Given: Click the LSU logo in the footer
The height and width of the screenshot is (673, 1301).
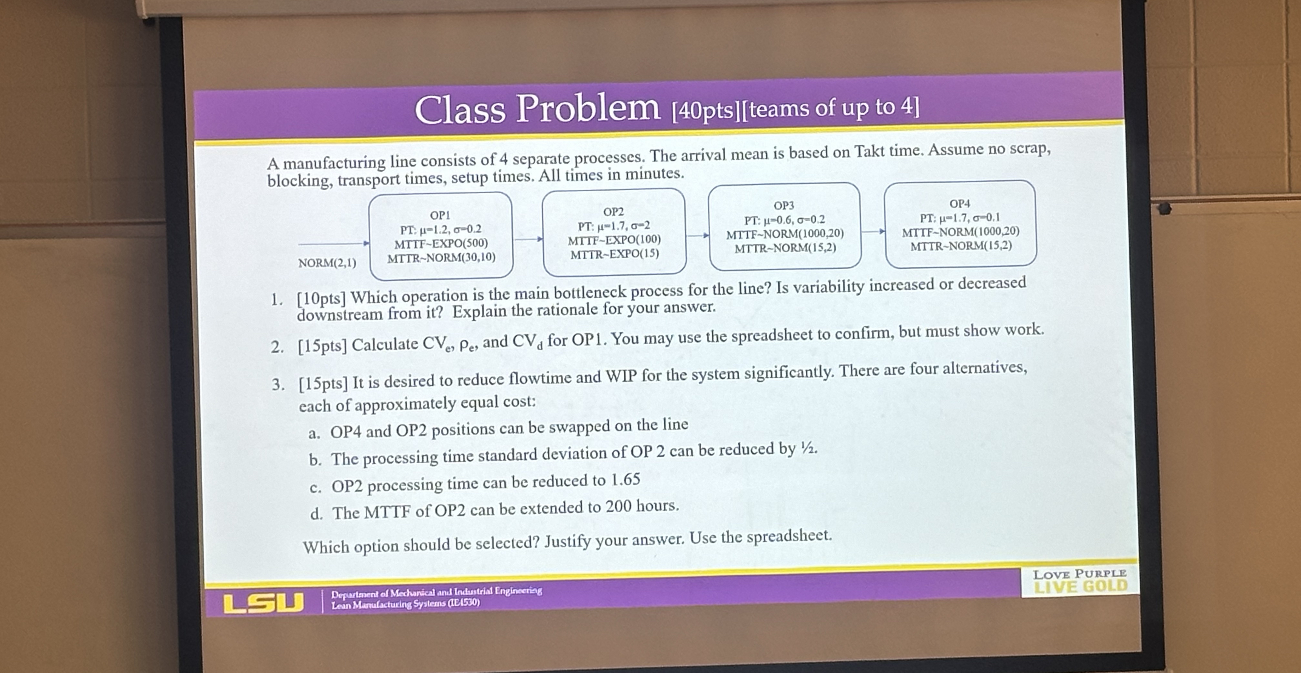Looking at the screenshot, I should point(263,603).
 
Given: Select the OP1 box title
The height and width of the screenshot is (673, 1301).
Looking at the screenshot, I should point(440,215).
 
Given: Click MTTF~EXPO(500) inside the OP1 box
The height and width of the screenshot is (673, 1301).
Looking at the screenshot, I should point(441,243).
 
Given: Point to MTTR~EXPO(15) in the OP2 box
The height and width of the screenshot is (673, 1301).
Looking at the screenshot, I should point(615,254).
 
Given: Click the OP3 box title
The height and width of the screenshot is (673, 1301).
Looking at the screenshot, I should point(784,206).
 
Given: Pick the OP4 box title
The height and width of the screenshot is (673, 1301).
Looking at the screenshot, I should point(960,204).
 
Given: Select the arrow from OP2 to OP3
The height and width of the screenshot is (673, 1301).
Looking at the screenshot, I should point(698,235).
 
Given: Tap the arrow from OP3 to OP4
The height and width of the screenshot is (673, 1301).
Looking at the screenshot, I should point(873,231).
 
